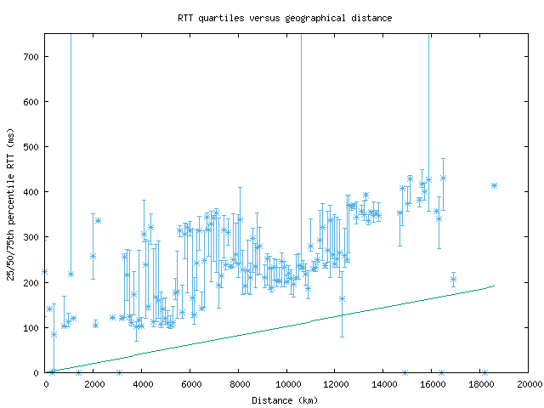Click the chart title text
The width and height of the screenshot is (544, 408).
tap(285, 17)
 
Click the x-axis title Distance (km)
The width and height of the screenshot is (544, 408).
tap(286, 399)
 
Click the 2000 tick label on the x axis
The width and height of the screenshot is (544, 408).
tap(93, 384)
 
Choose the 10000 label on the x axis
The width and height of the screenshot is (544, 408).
tap(286, 384)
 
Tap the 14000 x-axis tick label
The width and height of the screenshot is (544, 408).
tap(383, 384)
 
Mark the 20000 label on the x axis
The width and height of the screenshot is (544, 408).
tap(528, 384)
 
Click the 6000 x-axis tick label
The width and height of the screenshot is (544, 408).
tap(190, 384)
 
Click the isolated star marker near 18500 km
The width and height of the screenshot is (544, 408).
tap(494, 185)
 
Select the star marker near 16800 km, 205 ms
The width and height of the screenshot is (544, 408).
tap(453, 280)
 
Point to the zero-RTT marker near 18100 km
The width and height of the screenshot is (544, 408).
tap(484, 372)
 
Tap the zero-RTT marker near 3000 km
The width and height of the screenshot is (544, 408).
tap(119, 372)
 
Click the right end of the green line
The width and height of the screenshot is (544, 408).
tap(494, 286)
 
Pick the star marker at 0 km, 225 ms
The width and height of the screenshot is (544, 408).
tap(45, 272)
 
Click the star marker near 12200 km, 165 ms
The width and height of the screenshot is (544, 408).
tap(342, 298)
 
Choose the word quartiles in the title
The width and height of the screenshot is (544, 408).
tap(222, 17)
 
